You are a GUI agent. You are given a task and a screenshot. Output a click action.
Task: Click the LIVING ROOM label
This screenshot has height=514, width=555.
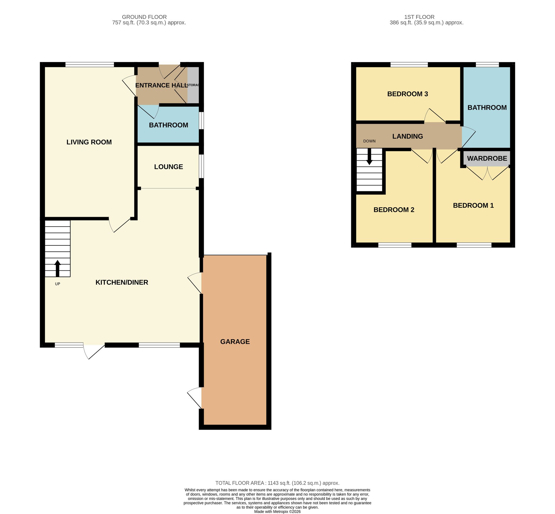coord(89,142)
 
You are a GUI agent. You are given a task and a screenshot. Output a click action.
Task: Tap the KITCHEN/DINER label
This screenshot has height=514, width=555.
coord(122,282)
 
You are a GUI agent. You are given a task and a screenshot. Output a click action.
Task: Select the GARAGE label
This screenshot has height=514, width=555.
coord(235,342)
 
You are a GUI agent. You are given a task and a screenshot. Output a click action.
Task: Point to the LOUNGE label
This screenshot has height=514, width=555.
coord(169,167)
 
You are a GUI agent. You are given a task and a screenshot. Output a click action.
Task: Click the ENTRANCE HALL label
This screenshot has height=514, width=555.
coord(162,85)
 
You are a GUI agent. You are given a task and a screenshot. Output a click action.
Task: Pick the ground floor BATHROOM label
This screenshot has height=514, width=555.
coord(169,125)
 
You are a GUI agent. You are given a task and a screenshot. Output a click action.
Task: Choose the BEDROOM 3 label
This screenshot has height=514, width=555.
coord(408,94)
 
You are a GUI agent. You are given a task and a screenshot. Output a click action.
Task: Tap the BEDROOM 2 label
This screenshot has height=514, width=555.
coord(394,210)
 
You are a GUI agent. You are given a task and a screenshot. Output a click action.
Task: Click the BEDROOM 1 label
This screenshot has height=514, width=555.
coord(473,206)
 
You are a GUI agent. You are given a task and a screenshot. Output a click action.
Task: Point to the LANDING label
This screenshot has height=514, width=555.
coord(408,136)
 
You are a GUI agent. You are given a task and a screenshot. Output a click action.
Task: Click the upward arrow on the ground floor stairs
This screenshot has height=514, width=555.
coord(57,269)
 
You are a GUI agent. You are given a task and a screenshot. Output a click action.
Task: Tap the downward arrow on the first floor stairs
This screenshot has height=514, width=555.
coord(369,157)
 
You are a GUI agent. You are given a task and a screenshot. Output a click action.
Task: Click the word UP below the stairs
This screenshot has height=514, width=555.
coord(57,284)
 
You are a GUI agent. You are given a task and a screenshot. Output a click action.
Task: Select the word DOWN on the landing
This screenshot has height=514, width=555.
coord(369,141)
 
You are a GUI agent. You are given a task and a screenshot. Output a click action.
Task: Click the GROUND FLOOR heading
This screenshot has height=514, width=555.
coord(144,17)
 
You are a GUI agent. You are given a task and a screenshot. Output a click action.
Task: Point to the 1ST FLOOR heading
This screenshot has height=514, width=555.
coord(420,17)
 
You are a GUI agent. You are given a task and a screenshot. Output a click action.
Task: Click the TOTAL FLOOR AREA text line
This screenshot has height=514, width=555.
coord(277,483)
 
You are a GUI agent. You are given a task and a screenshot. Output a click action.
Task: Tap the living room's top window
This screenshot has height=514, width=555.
coord(90,65)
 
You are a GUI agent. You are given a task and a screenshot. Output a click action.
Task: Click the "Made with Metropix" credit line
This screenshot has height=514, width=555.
coord(277,512)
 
